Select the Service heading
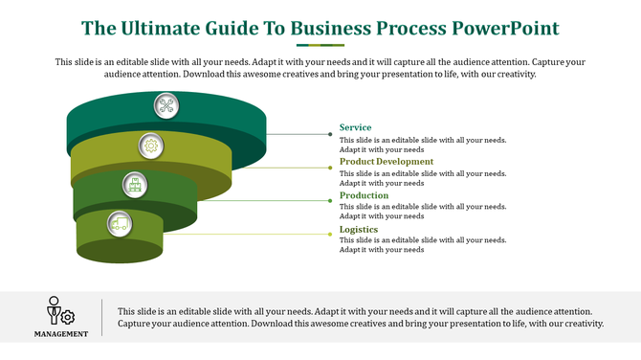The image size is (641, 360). tap(355, 127)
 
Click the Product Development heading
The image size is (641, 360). tap(386, 162)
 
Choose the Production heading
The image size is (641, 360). tap(364, 195)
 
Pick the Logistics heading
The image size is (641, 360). tap(359, 230)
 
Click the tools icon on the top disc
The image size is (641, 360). tap(167, 106)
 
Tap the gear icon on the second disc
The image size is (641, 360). tap(150, 146)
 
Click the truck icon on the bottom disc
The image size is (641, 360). tap(120, 223)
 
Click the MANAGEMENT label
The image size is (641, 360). tap(61, 334)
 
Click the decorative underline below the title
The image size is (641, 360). tap(320, 44)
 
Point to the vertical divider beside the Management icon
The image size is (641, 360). tap(102, 317)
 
